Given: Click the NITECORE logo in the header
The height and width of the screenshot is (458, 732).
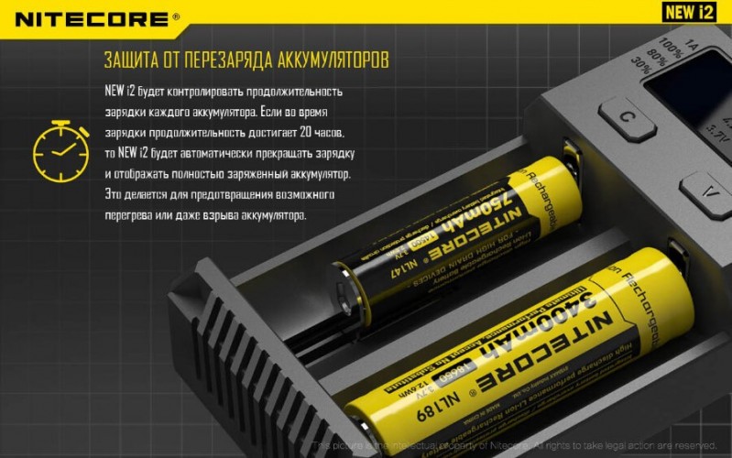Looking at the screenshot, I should pyautogui.click(x=90, y=17).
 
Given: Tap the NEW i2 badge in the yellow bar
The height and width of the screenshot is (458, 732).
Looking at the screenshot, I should pyautogui.click(x=690, y=12).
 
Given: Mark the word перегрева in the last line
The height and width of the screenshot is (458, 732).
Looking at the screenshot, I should pyautogui.click(x=134, y=215).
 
